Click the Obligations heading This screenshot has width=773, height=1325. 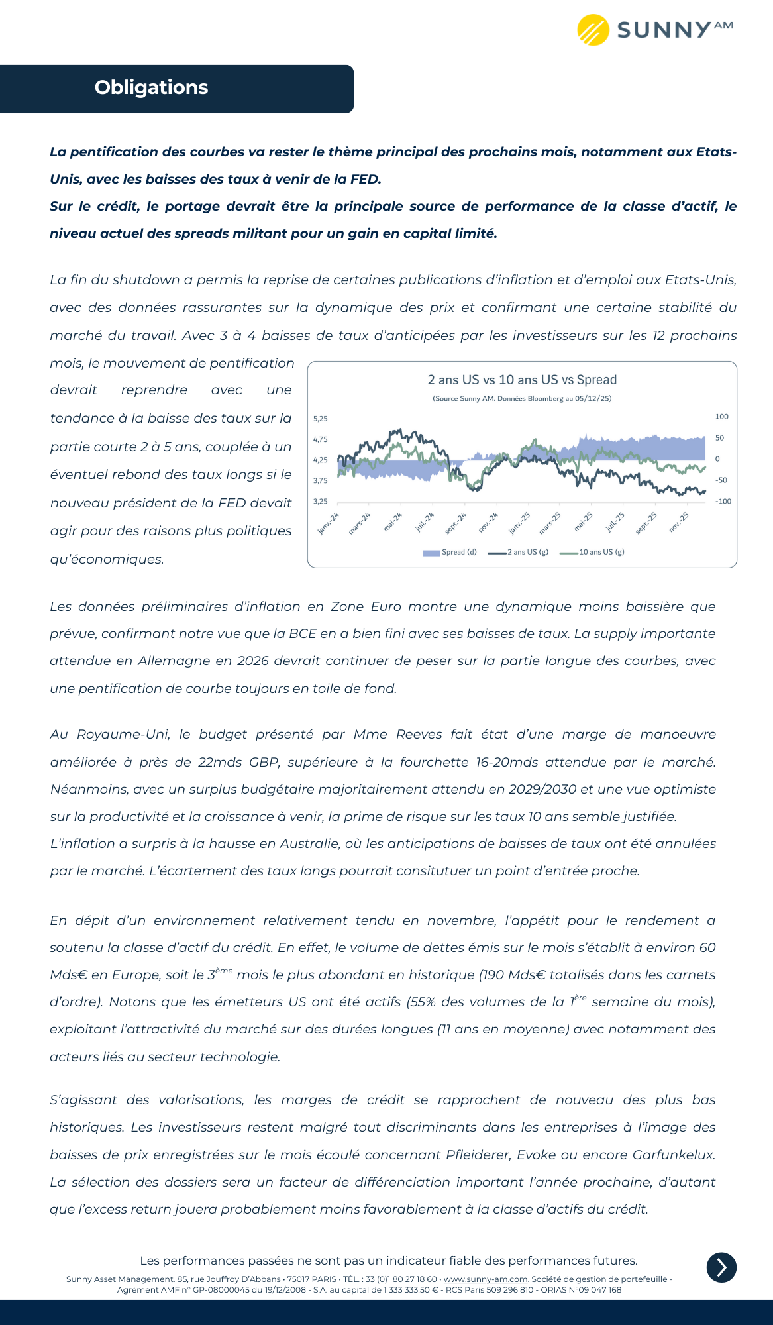(151, 87)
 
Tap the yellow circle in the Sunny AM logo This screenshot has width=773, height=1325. (593, 30)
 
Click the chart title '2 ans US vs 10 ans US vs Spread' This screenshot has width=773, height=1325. (522, 380)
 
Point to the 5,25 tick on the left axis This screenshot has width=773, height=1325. (321, 419)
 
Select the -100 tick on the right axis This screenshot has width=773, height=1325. (723, 502)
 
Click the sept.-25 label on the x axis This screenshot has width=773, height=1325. (646, 523)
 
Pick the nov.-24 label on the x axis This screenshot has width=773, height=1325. (488, 523)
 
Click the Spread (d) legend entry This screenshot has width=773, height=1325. (450, 552)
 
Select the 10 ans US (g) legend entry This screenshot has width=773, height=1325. (593, 552)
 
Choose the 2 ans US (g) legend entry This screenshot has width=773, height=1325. (519, 552)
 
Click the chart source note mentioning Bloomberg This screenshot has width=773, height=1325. (522, 399)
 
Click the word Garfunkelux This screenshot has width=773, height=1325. (674, 1155)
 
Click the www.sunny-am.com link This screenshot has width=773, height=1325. (486, 1279)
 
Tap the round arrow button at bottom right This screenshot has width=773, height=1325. (721, 1267)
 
